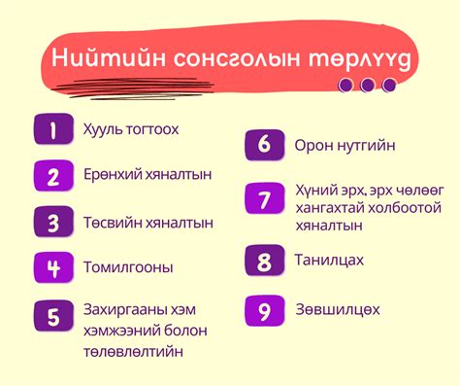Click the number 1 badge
pos(53,129)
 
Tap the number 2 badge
pos(53,176)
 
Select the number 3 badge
pos(53,222)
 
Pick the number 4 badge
pos(53,266)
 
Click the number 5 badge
pos(53,317)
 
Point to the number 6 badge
pos(264,146)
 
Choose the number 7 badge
pos(264,199)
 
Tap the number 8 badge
pos(264,262)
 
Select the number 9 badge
pos(264,311)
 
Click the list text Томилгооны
pos(129,266)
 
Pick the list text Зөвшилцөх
pos(338,310)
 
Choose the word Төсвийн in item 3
pos(111,222)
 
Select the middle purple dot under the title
pos(367,85)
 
